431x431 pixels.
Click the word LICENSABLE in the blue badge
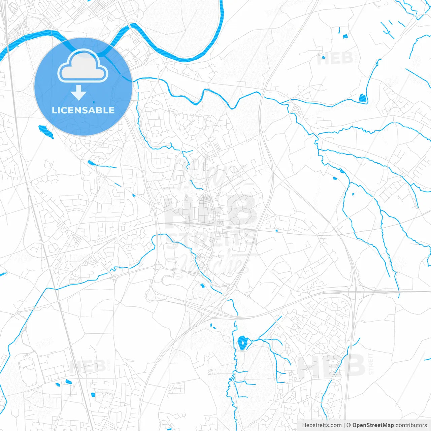(x=83, y=110)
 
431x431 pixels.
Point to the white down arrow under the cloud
(x=79, y=92)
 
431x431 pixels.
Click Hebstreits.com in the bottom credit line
(x=322, y=425)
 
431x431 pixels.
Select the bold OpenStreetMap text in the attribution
(x=373, y=425)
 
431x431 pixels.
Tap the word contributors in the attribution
(x=411, y=425)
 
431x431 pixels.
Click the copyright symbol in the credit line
(x=349, y=425)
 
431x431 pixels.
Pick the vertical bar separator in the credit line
(x=344, y=425)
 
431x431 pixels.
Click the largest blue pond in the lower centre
(x=242, y=343)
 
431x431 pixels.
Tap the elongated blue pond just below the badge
(x=46, y=132)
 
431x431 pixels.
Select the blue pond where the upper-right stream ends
(x=362, y=98)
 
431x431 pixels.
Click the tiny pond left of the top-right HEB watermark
(x=323, y=57)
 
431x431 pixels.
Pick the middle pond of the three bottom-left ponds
(x=69, y=382)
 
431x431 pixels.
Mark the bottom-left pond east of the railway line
(x=93, y=394)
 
